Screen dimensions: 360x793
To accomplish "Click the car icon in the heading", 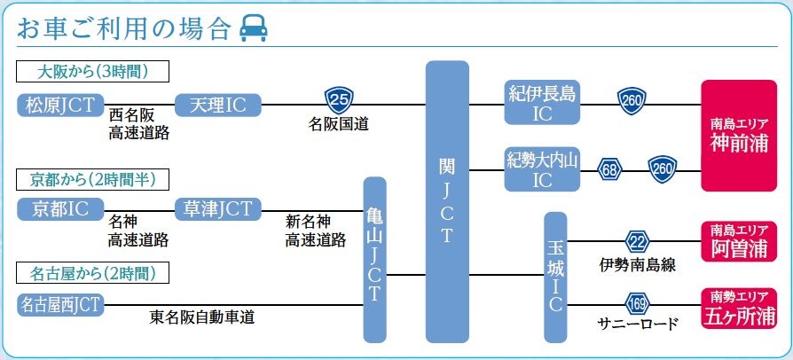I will pyautogui.click(x=255, y=27).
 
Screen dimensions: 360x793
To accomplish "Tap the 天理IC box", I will pyautogui.click(x=218, y=106).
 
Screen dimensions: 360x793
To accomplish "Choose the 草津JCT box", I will pyautogui.click(x=218, y=209).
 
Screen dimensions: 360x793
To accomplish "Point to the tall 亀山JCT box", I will pyautogui.click(x=375, y=260).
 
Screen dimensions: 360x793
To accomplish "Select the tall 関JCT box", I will pyautogui.click(x=446, y=201).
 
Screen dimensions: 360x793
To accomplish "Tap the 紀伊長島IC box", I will pyautogui.click(x=543, y=105).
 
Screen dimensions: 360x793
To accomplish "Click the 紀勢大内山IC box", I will pyautogui.click(x=542, y=169).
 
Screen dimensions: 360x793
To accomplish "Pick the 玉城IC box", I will pyautogui.click(x=555, y=277).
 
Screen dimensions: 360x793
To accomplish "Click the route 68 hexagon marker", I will pyautogui.click(x=610, y=168).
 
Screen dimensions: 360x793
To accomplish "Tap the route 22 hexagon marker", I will pyautogui.click(x=638, y=240).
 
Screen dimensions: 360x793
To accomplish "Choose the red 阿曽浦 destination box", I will pyautogui.click(x=738, y=240).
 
